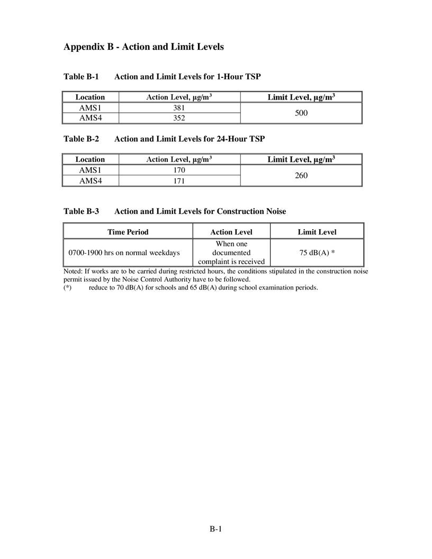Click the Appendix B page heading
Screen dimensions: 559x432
143,47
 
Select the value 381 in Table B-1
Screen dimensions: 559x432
179,107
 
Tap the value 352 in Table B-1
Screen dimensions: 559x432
179,118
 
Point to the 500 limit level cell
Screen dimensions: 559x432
301,113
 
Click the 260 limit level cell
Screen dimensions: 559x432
301,175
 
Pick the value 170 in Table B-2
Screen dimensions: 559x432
179,170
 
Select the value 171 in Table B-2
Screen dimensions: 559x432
179,181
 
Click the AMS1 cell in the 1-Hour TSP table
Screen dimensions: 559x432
90,107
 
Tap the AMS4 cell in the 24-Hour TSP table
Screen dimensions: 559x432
90,181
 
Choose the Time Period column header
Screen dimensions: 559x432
128,232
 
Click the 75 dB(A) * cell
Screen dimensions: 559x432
317,253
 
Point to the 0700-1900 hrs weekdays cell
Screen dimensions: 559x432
124,253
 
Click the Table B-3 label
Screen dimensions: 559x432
81,211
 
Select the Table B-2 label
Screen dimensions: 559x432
81,139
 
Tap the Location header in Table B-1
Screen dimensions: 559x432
90,97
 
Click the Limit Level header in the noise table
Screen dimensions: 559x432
317,232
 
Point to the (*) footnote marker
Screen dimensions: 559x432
67,287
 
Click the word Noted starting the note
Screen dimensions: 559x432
73,271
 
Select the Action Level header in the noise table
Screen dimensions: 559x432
231,232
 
